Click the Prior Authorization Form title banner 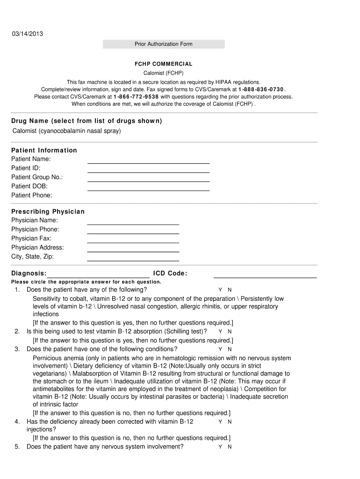(x=164, y=44)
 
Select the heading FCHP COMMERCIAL (x=163, y=64)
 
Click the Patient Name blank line (x=149, y=162)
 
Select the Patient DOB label (x=29, y=186)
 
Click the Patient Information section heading (x=44, y=150)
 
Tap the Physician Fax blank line (x=133, y=241)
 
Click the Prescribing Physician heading (x=48, y=211)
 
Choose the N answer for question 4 (x=230, y=422)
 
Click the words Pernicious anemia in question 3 (x=56, y=358)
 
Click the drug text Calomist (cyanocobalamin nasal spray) (x=66, y=131)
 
